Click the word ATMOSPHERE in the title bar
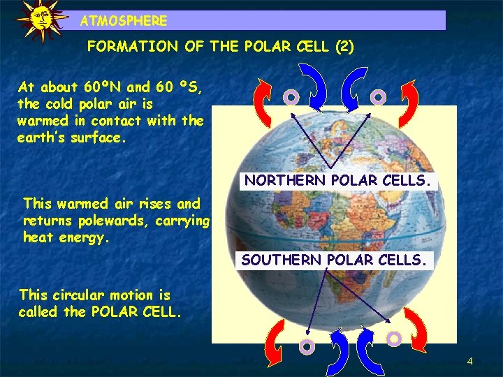click(124, 21)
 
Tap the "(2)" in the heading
click(344, 47)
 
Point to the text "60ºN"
click(103, 87)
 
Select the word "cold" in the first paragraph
click(59, 104)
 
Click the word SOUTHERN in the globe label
click(274, 260)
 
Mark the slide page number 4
click(469, 361)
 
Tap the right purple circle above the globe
click(377, 96)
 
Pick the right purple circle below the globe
click(394, 339)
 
